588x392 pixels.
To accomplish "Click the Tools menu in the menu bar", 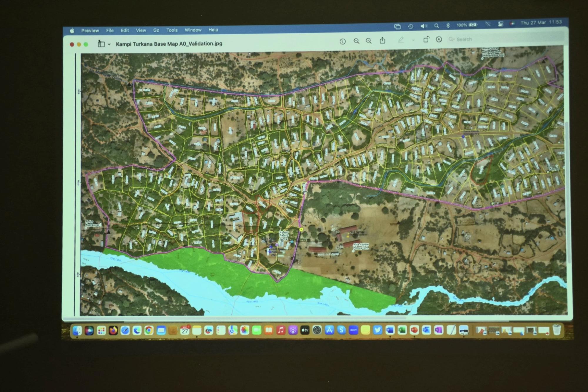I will click(x=172, y=30).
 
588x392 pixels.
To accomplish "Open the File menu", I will click(x=110, y=30).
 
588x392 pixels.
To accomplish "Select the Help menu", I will click(x=213, y=30).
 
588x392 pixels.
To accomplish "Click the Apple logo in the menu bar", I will click(x=72, y=31).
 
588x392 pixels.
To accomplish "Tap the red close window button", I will click(x=72, y=44).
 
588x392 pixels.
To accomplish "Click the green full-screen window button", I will click(x=86, y=44).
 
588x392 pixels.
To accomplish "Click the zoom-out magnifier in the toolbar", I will click(x=356, y=41).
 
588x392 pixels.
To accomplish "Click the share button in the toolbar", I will click(x=382, y=41).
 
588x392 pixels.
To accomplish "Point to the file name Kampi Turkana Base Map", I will click(x=169, y=44).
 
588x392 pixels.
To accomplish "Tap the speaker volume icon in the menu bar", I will click(x=423, y=26).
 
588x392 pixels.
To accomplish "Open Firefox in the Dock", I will click(x=113, y=331).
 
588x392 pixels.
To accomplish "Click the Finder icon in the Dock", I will click(x=77, y=331).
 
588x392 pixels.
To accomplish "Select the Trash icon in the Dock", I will click(x=557, y=330).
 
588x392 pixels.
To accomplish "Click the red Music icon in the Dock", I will click(x=281, y=330).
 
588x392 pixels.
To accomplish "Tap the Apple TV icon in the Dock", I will click(x=305, y=330).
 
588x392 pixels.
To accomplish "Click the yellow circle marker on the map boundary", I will click(x=301, y=229).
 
